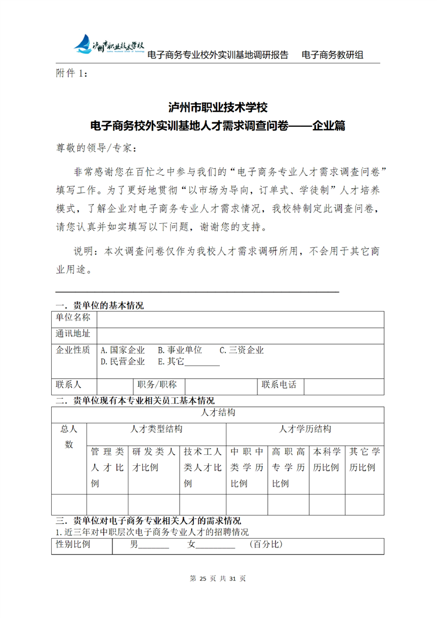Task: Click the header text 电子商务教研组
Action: pyautogui.click(x=332, y=55)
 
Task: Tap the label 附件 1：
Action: pyautogui.click(x=72, y=73)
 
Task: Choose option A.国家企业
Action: pyautogui.click(x=122, y=350)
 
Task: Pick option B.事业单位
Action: pyautogui.click(x=180, y=350)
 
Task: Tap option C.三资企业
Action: pyautogui.click(x=242, y=350)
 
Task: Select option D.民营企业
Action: pyautogui.click(x=122, y=362)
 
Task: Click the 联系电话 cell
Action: pyautogui.click(x=279, y=385)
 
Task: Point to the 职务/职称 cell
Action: pyautogui.click(x=157, y=385)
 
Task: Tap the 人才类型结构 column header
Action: pyautogui.click(x=156, y=429)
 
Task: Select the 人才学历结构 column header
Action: pyautogui.click(x=305, y=429)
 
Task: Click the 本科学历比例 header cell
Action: pyautogui.click(x=327, y=459)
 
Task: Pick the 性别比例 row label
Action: pyautogui.click(x=73, y=545)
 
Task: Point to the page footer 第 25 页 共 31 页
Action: pyautogui.click(x=218, y=578)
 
